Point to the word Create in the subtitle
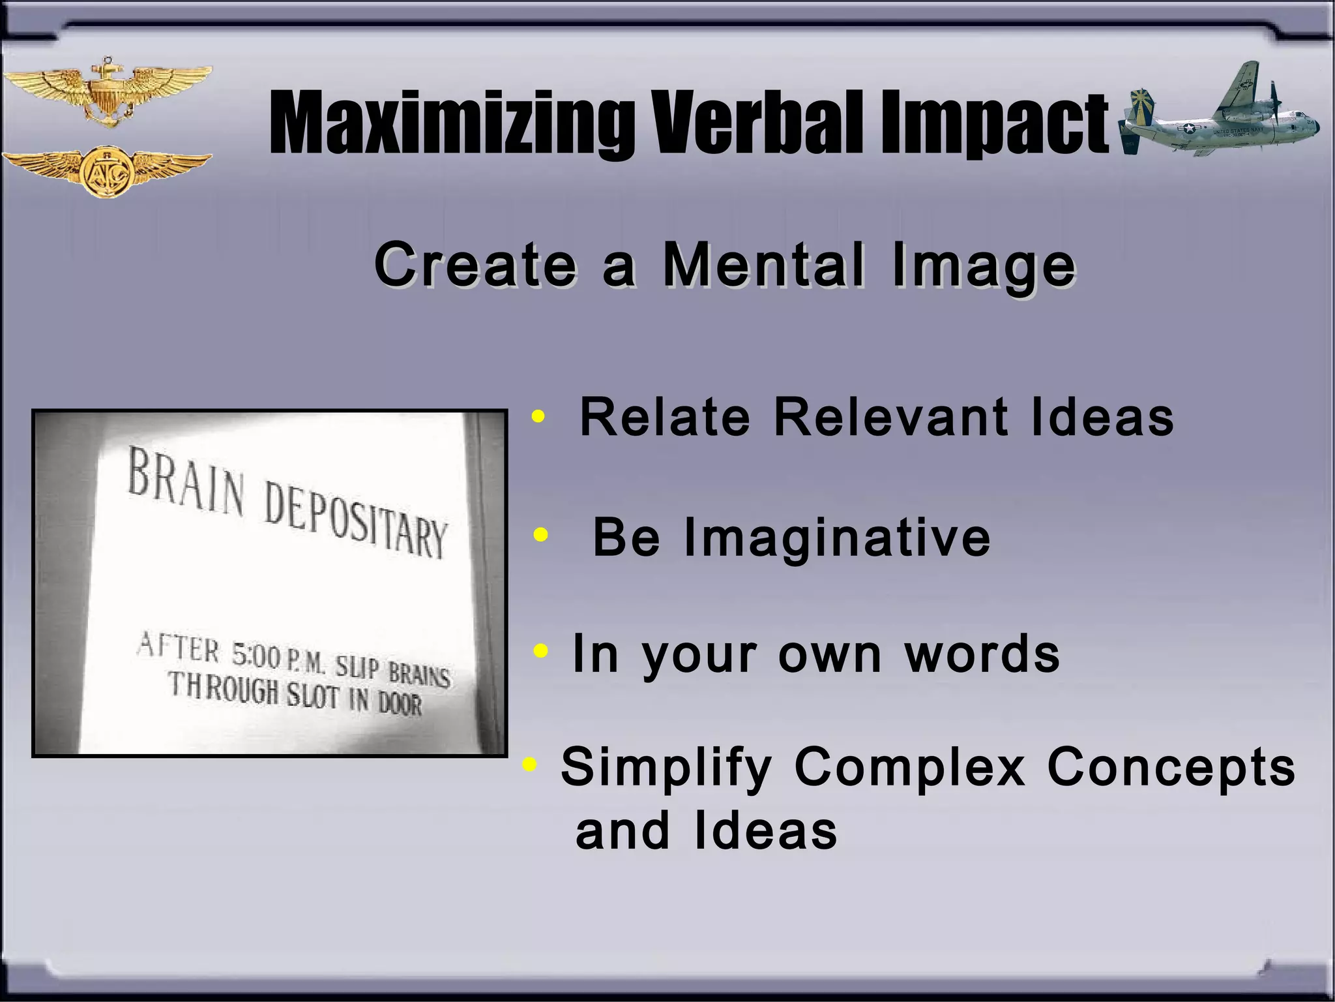pyautogui.click(x=475, y=265)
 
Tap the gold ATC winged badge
pyautogui.click(x=106, y=172)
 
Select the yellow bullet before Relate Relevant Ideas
pyautogui.click(x=538, y=416)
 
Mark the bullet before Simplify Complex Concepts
pyautogui.click(x=529, y=764)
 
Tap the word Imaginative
pyautogui.click(x=837, y=538)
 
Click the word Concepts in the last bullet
pyautogui.click(x=1171, y=767)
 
